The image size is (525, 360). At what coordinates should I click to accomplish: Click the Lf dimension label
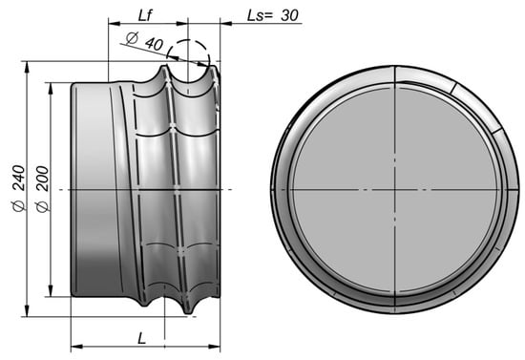point(145,15)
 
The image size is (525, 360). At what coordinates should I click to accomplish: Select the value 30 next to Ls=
point(289,15)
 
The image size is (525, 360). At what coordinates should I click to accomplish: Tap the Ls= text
point(261,15)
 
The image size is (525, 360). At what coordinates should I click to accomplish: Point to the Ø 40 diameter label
point(145,41)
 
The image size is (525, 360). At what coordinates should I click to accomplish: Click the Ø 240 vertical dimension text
point(19,188)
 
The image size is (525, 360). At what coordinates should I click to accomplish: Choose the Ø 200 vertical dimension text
point(43,189)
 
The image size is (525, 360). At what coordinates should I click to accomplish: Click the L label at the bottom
point(142,339)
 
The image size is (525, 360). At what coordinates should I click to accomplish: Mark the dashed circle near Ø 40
point(188,40)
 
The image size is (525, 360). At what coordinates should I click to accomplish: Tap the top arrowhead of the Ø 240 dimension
point(27,67)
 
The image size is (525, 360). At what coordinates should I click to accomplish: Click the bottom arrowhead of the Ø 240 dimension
point(27,310)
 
